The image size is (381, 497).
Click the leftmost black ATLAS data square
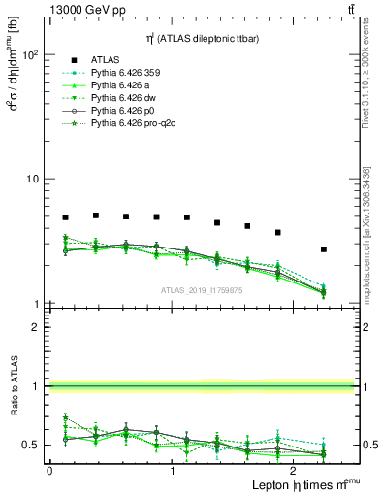(65, 217)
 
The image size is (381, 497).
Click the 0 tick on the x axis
(49, 470)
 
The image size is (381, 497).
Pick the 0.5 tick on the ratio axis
(31, 445)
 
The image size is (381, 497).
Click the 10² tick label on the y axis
(29, 55)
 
